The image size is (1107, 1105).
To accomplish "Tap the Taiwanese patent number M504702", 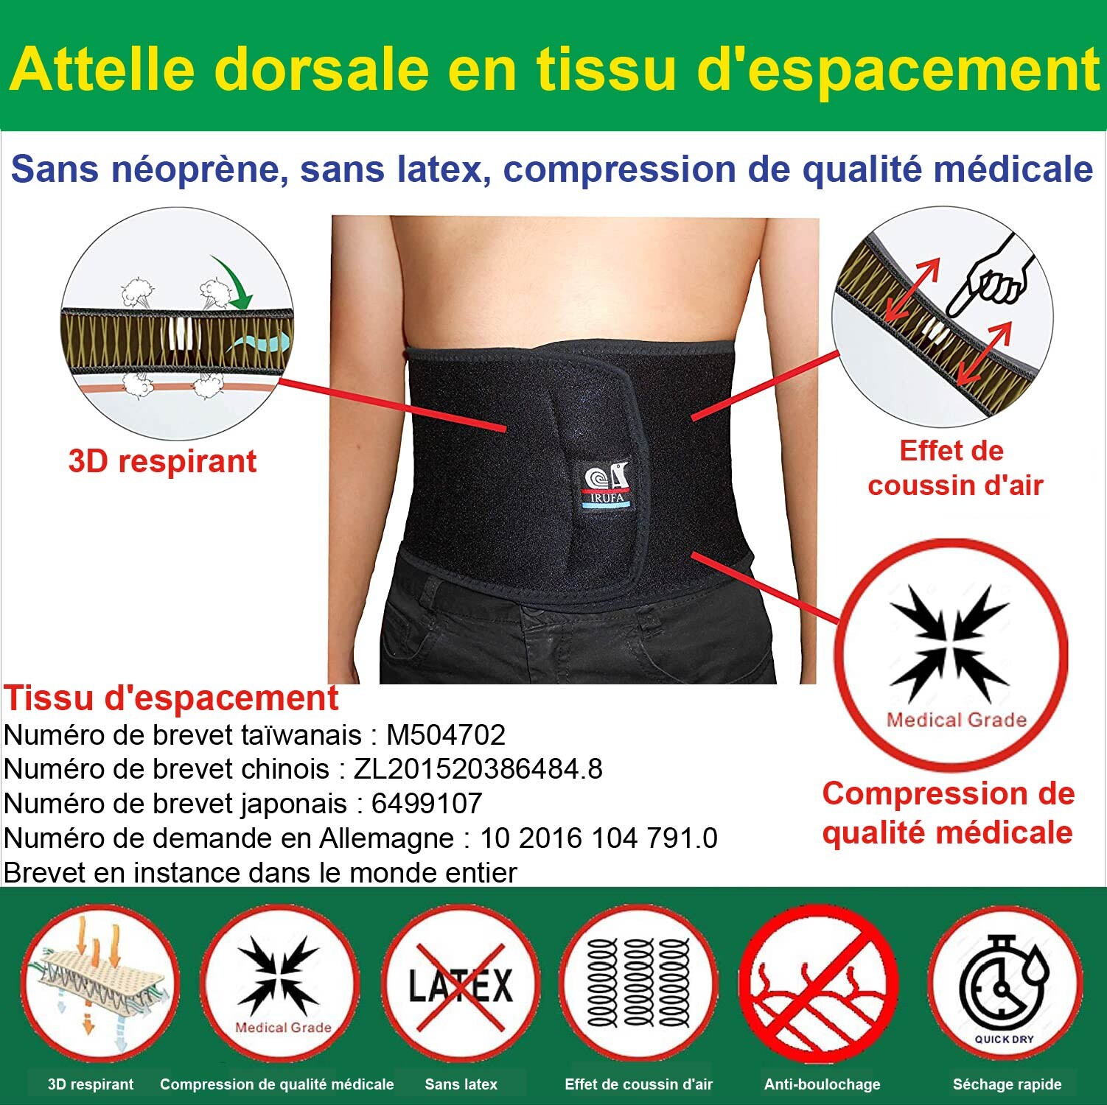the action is pyautogui.click(x=446, y=734).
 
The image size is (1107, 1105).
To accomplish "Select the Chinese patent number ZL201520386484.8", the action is pyautogui.click(x=478, y=768).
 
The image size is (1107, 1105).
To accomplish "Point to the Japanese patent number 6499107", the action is pyautogui.click(x=427, y=803).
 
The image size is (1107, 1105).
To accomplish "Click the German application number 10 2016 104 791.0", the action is pyautogui.click(x=598, y=838).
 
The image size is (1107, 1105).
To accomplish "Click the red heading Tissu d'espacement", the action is pyautogui.click(x=171, y=698).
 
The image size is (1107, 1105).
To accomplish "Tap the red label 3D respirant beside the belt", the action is pyautogui.click(x=162, y=462).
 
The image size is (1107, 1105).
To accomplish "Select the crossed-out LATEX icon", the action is pyautogui.click(x=461, y=984).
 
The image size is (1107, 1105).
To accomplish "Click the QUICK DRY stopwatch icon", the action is pyautogui.click(x=1005, y=986).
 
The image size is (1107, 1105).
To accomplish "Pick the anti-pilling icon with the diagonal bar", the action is pyautogui.click(x=818, y=984).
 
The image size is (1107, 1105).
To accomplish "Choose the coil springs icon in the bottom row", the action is pyautogui.click(x=638, y=984).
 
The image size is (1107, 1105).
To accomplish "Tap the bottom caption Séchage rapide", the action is pyautogui.click(x=1007, y=1084).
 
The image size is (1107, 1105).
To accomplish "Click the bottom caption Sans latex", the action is pyautogui.click(x=461, y=1084).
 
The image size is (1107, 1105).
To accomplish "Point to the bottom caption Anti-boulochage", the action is pyautogui.click(x=822, y=1084).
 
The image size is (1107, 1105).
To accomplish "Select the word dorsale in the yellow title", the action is pyautogui.click(x=321, y=69).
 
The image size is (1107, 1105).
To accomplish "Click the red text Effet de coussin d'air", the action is pyautogui.click(x=954, y=468).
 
